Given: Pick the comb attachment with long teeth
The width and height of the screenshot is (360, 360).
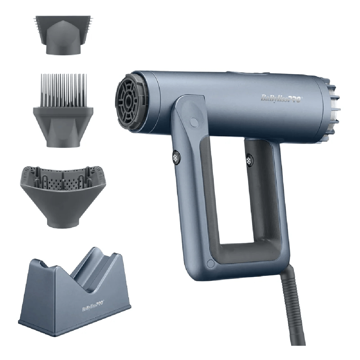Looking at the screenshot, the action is (63, 108).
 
